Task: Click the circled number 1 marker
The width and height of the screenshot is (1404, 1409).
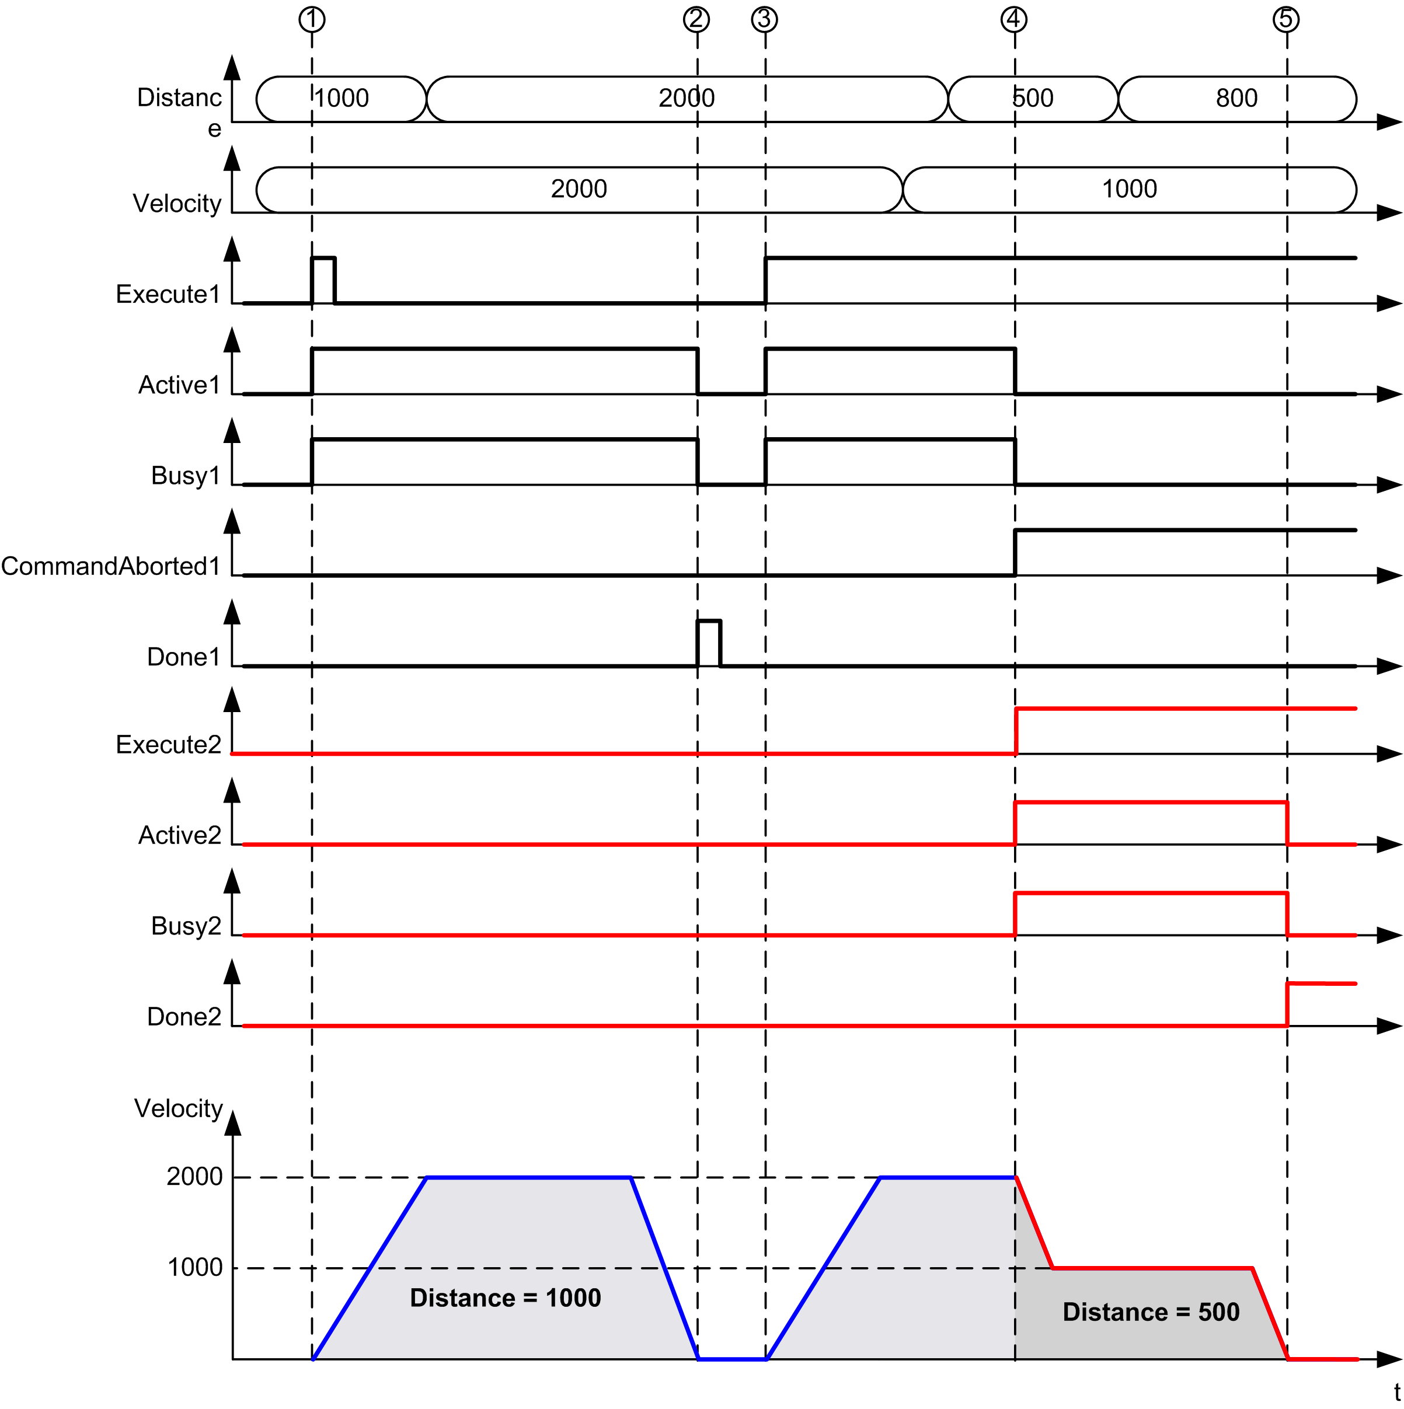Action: (x=312, y=19)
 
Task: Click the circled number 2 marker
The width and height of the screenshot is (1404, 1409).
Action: (x=696, y=19)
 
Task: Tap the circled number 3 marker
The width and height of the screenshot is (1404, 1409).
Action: (x=764, y=19)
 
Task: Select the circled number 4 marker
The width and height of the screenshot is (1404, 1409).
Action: (x=1014, y=19)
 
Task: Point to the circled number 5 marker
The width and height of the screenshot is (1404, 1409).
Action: (x=1286, y=19)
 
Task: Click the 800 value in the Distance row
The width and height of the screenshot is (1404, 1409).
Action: (x=1236, y=97)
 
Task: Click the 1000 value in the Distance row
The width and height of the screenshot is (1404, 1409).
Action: (x=342, y=97)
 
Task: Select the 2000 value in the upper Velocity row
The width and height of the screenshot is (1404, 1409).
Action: (x=579, y=189)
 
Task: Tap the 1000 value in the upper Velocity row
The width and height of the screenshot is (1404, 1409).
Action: (x=1129, y=189)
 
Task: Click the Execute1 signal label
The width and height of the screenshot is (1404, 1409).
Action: (x=168, y=294)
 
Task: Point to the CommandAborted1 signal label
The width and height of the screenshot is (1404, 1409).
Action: (x=111, y=566)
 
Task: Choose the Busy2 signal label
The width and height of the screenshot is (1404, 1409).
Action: (x=186, y=926)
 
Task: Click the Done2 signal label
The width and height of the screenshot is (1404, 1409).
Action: (x=184, y=1016)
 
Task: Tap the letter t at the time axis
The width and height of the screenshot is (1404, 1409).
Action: (x=1397, y=1391)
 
